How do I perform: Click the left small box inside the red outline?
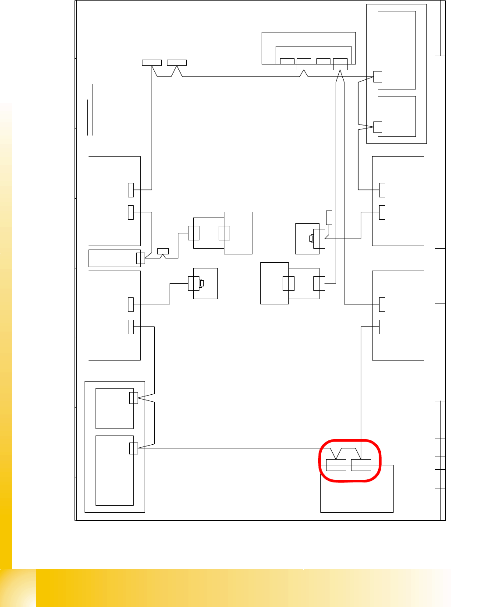point(336,465)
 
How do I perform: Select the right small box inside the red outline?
point(361,465)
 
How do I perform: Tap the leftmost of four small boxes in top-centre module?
point(287,61)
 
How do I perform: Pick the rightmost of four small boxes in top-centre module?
point(340,64)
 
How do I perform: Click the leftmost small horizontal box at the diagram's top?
point(152,62)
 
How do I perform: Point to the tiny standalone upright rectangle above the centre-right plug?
point(329,218)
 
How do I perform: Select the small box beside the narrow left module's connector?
point(163,251)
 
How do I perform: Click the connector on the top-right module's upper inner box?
point(378,76)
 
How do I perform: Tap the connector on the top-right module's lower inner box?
point(378,127)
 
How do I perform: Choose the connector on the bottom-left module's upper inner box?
point(134,398)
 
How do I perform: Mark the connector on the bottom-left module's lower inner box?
point(134,448)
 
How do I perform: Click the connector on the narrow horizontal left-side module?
point(140,258)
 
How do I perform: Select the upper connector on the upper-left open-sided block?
point(131,190)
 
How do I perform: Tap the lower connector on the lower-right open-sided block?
point(382,327)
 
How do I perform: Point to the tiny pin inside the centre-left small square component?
point(202,283)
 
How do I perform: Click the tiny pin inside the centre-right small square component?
point(311,239)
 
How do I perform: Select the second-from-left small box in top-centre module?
point(304,64)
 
